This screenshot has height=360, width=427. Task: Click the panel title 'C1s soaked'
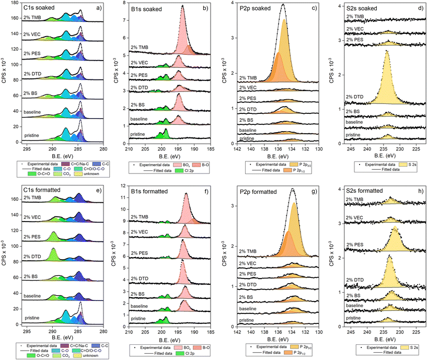click(39, 7)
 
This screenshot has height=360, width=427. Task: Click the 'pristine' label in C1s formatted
click(33, 317)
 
